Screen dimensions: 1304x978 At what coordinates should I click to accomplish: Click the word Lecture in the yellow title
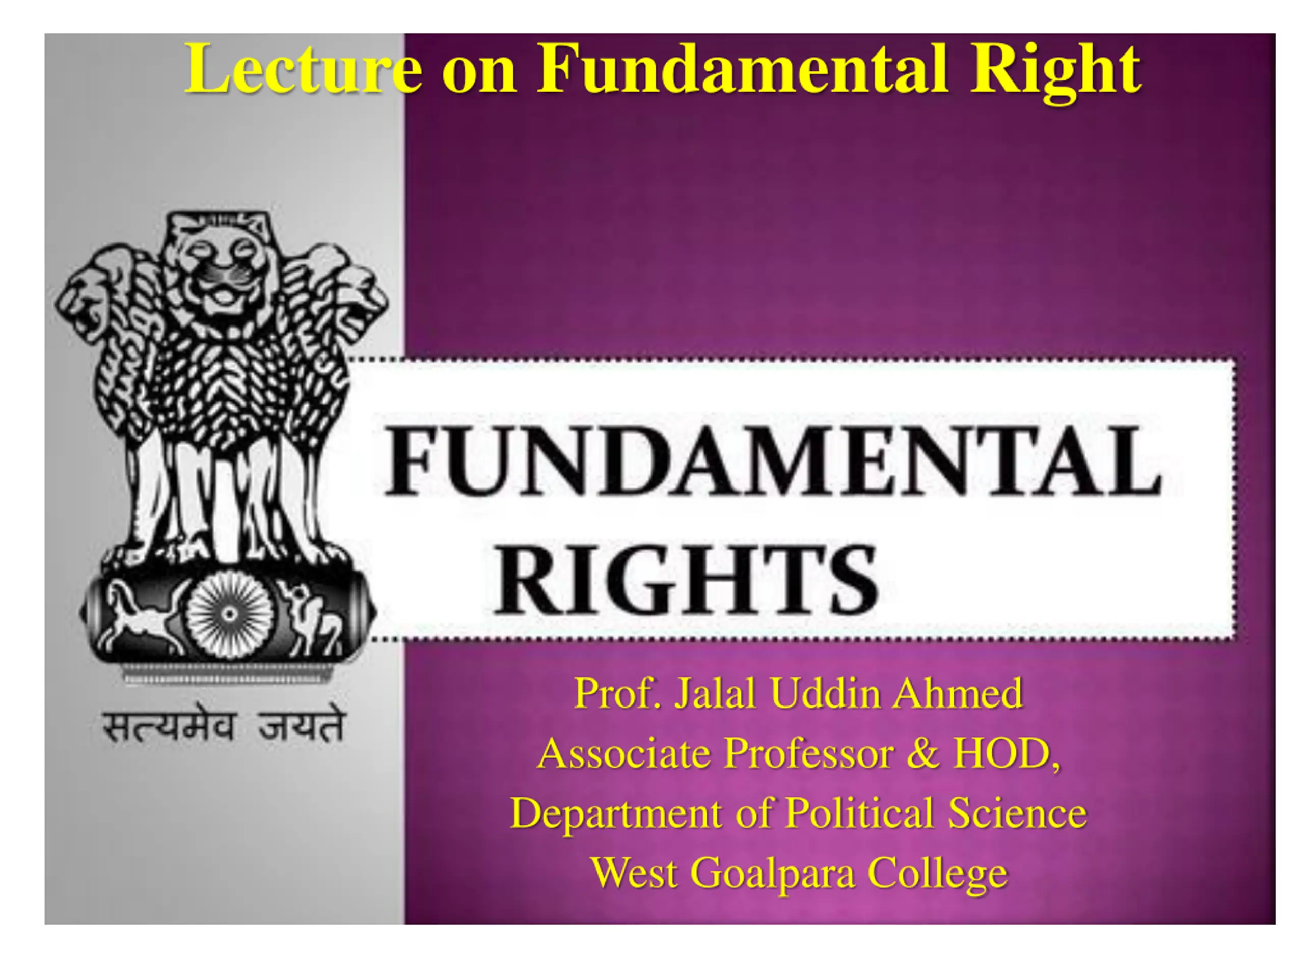303,68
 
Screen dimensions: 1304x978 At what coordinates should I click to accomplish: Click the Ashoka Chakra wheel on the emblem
229,614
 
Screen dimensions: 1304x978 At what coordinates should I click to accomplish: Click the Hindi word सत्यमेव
170,726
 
